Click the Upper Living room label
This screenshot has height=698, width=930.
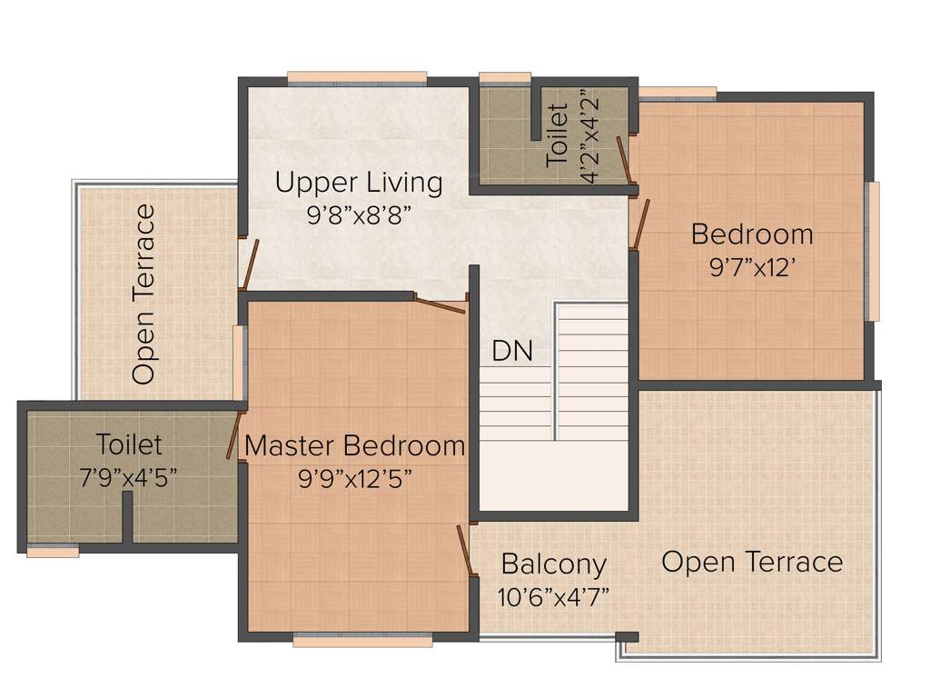359,183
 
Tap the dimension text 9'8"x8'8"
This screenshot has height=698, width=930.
359,217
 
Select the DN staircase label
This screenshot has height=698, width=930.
512,351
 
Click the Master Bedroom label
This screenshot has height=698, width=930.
355,446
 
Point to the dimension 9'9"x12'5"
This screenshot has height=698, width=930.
355,479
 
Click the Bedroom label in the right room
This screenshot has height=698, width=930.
752,234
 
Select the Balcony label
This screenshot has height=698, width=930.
553,563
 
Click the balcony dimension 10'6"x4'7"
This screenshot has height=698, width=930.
553,597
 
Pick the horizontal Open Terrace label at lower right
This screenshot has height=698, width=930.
752,562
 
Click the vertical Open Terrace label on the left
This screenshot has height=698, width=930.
143,294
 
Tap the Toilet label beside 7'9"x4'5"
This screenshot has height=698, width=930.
130,444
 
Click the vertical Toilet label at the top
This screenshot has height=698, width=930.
558,135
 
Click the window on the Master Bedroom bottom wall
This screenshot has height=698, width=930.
362,641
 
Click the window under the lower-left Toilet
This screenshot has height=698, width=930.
52,550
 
